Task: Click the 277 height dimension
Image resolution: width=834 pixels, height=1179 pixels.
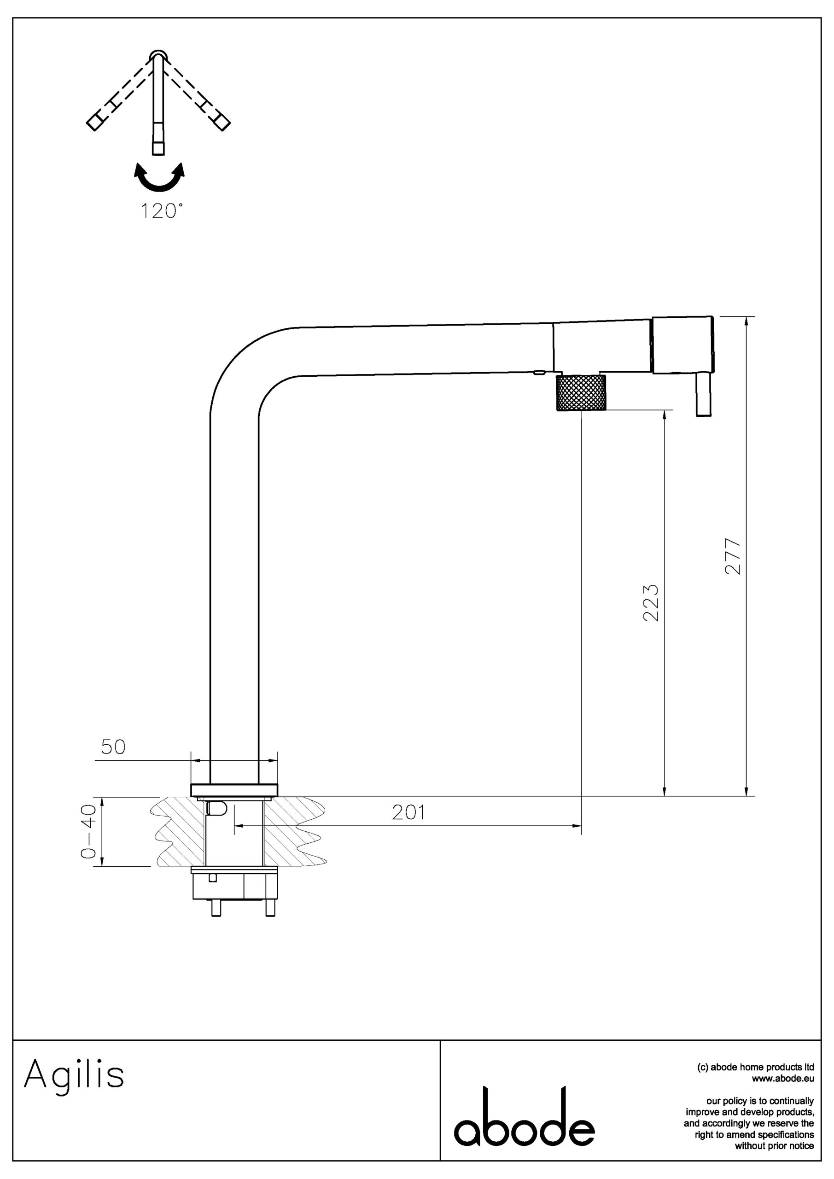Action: [x=733, y=556]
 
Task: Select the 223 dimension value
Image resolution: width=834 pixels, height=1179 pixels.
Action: [x=651, y=603]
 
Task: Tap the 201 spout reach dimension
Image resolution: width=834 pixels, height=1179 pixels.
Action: [x=409, y=812]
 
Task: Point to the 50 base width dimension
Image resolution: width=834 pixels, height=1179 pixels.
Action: [x=113, y=747]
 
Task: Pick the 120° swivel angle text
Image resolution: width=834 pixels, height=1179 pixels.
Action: [x=162, y=211]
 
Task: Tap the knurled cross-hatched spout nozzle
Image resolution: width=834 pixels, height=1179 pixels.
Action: [x=581, y=393]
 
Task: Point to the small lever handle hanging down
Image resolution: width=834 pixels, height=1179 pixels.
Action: [x=704, y=394]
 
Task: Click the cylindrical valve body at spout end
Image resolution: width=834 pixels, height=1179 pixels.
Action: [x=682, y=344]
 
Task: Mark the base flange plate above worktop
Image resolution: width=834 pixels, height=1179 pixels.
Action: [x=234, y=790]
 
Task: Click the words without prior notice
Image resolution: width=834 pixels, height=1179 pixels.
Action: [x=775, y=1146]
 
